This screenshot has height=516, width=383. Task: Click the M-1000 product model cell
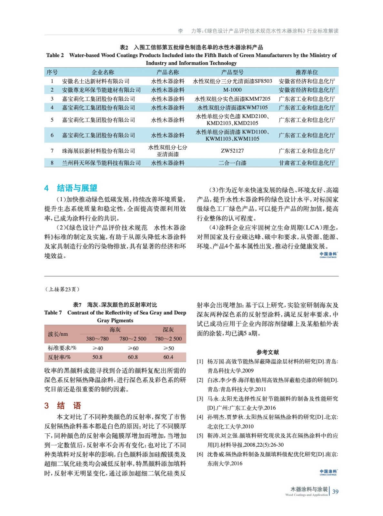pos(232,90)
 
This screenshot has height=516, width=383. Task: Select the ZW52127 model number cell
pos(232,151)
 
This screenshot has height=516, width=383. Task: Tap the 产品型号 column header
pos(232,72)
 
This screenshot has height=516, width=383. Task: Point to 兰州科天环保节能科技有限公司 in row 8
pos(101,163)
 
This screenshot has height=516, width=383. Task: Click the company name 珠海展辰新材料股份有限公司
pos(98,151)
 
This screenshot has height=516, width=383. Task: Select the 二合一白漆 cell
pos(232,163)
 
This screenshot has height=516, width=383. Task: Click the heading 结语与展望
pos(77,188)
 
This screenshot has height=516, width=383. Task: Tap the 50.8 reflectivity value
pos(97,357)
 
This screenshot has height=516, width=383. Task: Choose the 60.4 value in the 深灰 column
pos(168,357)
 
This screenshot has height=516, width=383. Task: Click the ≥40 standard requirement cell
pos(97,348)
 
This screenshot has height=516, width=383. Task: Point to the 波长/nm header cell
pos(58,334)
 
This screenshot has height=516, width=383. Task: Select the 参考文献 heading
pos(267,352)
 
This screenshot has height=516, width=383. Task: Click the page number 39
pos(335,491)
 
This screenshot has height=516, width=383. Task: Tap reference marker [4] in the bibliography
pos(200,417)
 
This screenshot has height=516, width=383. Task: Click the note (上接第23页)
pos(62,289)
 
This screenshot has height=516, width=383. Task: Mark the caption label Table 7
pos(53,313)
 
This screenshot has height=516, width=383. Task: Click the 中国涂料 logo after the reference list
pos(328,472)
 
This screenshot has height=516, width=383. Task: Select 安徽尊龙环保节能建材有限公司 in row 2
pos(101,90)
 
